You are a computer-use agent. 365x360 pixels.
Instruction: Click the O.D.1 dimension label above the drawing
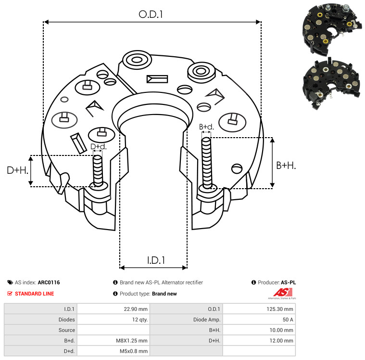pyautogui.click(x=151, y=14)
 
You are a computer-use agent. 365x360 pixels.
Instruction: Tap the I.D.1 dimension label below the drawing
pyautogui.click(x=156, y=260)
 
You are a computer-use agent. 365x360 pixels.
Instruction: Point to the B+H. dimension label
pyautogui.click(x=286, y=166)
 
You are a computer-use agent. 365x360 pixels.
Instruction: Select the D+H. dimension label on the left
pyautogui.click(x=17, y=170)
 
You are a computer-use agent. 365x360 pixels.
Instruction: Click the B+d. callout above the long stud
pyautogui.click(x=206, y=127)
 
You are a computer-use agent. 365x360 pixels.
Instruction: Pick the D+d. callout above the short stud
pyautogui.click(x=99, y=147)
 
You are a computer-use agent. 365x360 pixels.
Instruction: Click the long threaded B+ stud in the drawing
pyautogui.click(x=207, y=163)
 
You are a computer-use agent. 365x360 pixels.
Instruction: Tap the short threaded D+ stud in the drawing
pyautogui.click(x=98, y=171)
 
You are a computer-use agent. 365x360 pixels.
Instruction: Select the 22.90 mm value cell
pyautogui.click(x=136, y=309)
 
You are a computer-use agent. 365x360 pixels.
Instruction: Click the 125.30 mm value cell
pyautogui.click(x=280, y=309)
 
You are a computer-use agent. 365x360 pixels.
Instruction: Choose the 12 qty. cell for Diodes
pyautogui.click(x=140, y=320)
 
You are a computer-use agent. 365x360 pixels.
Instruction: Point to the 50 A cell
pyautogui.click(x=288, y=320)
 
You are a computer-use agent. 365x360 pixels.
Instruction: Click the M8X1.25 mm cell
pyautogui.click(x=132, y=341)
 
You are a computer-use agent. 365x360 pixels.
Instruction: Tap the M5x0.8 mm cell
pyautogui.click(x=134, y=351)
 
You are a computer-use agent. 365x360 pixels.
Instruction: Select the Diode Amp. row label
pyautogui.click(x=207, y=320)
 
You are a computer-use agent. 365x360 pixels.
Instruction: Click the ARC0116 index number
pyautogui.click(x=49, y=283)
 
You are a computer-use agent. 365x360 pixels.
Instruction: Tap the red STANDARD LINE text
pyautogui.click(x=35, y=294)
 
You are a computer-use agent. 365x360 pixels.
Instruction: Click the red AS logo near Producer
pyautogui.click(x=283, y=293)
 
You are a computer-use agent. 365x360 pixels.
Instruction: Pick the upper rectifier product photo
pyautogui.click(x=332, y=29)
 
